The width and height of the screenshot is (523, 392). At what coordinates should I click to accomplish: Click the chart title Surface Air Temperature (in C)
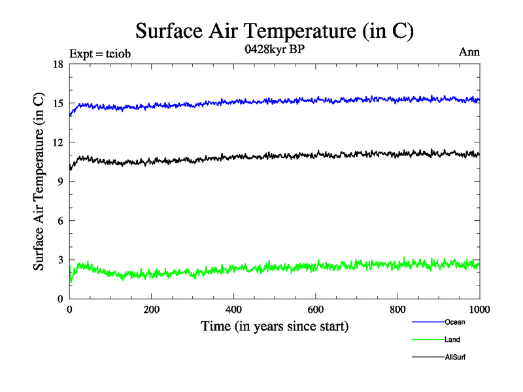click(x=275, y=31)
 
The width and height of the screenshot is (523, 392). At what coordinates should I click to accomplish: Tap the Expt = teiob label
click(x=100, y=54)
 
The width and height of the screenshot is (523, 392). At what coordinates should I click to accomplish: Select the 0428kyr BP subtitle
click(x=275, y=50)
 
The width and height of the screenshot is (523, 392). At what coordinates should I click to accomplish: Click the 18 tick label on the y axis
click(x=57, y=64)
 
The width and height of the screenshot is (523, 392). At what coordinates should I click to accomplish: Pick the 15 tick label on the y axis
click(x=57, y=103)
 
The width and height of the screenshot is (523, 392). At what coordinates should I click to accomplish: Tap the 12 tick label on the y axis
click(x=57, y=142)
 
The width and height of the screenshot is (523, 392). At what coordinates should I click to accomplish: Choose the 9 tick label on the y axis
click(x=59, y=182)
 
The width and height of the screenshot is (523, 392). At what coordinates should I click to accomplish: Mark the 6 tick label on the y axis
click(x=59, y=221)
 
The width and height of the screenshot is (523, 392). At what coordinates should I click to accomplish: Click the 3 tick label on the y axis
click(x=59, y=260)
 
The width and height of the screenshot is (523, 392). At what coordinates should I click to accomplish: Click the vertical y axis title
click(x=39, y=182)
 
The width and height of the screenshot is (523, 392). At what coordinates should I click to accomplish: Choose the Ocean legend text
click(x=455, y=322)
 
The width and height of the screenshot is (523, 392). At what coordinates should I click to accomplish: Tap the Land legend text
click(x=452, y=340)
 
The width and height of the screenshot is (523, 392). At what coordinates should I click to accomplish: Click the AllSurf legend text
click(x=455, y=357)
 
